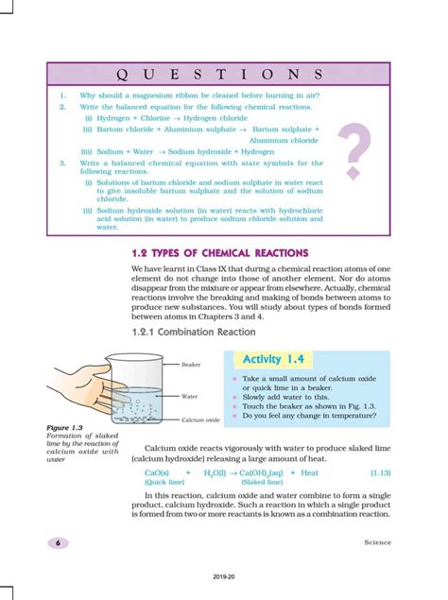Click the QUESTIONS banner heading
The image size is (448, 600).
click(x=218, y=74)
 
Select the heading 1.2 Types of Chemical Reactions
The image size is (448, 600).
click(x=220, y=253)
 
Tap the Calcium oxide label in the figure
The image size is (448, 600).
click(x=201, y=420)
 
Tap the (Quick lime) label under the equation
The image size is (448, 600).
click(x=164, y=482)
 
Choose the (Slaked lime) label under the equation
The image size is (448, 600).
click(x=249, y=482)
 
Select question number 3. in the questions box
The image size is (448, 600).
click(x=61, y=163)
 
